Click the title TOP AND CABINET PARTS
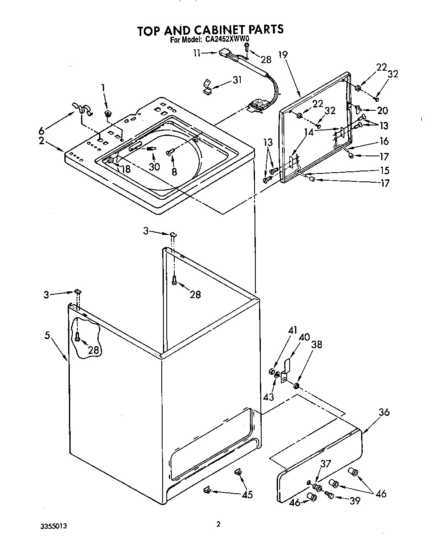point(210,29)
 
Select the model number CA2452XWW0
point(227,41)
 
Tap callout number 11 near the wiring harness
point(197,53)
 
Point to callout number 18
point(125,169)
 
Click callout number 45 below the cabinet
point(247,494)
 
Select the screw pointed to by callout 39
point(329,495)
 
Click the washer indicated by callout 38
point(297,385)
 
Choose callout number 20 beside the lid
point(382,111)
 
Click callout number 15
point(385,171)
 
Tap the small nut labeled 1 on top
point(108,114)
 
